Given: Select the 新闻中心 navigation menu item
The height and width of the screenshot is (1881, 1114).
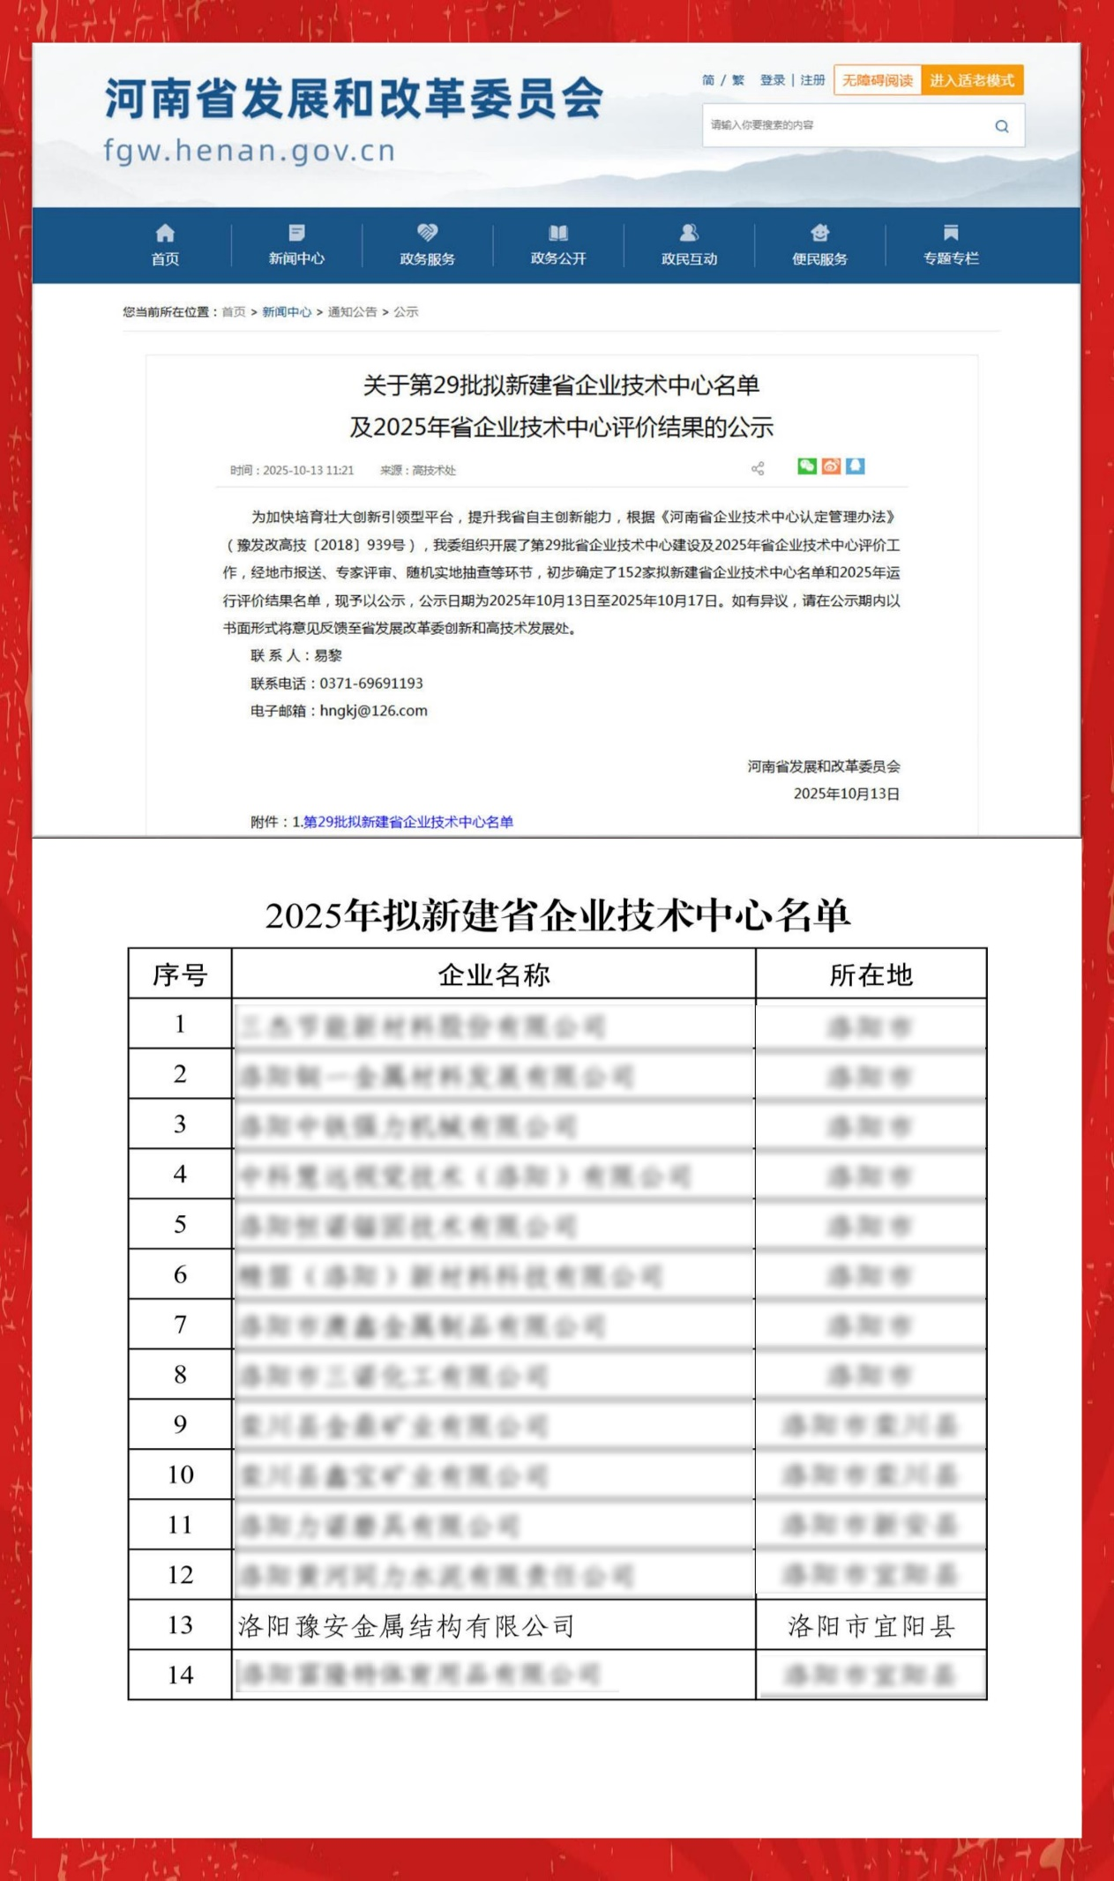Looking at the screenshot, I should tap(296, 245).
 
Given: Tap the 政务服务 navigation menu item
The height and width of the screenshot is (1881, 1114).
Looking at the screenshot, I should tap(427, 245).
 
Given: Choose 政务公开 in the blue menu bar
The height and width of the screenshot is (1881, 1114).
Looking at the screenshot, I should tap(557, 245).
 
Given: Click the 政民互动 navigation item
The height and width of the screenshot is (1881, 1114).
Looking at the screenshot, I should tap(689, 245).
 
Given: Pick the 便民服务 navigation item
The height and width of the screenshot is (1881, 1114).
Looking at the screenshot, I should tap(819, 245).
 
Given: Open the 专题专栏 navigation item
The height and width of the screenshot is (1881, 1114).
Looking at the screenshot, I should tap(950, 245).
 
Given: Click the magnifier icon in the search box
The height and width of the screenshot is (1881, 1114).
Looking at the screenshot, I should tap(1001, 126).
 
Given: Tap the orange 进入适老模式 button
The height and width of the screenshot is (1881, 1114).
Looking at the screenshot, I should tap(971, 80).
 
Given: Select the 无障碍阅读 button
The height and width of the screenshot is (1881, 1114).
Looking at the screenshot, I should tap(877, 80).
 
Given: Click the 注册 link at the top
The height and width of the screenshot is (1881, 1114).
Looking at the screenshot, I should tap(812, 80).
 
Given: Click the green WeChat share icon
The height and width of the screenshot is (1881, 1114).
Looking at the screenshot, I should tap(806, 467).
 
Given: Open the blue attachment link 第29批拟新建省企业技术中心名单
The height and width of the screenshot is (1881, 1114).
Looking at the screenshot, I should tap(407, 822).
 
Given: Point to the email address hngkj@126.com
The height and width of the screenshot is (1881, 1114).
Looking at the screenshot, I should tap(373, 711).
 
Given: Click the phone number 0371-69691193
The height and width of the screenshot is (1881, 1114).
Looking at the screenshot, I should tap(371, 683).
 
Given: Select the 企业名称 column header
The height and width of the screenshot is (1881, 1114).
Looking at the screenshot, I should tap(493, 974).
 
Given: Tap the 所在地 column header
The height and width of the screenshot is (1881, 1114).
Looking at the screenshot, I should tap(871, 974).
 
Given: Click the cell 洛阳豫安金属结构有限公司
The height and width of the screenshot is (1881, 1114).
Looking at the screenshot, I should tap(406, 1626).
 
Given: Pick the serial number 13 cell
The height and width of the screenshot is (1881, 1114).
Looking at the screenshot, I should tap(180, 1625).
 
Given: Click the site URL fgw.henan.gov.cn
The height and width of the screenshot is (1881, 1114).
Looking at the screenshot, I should tap(250, 151).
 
